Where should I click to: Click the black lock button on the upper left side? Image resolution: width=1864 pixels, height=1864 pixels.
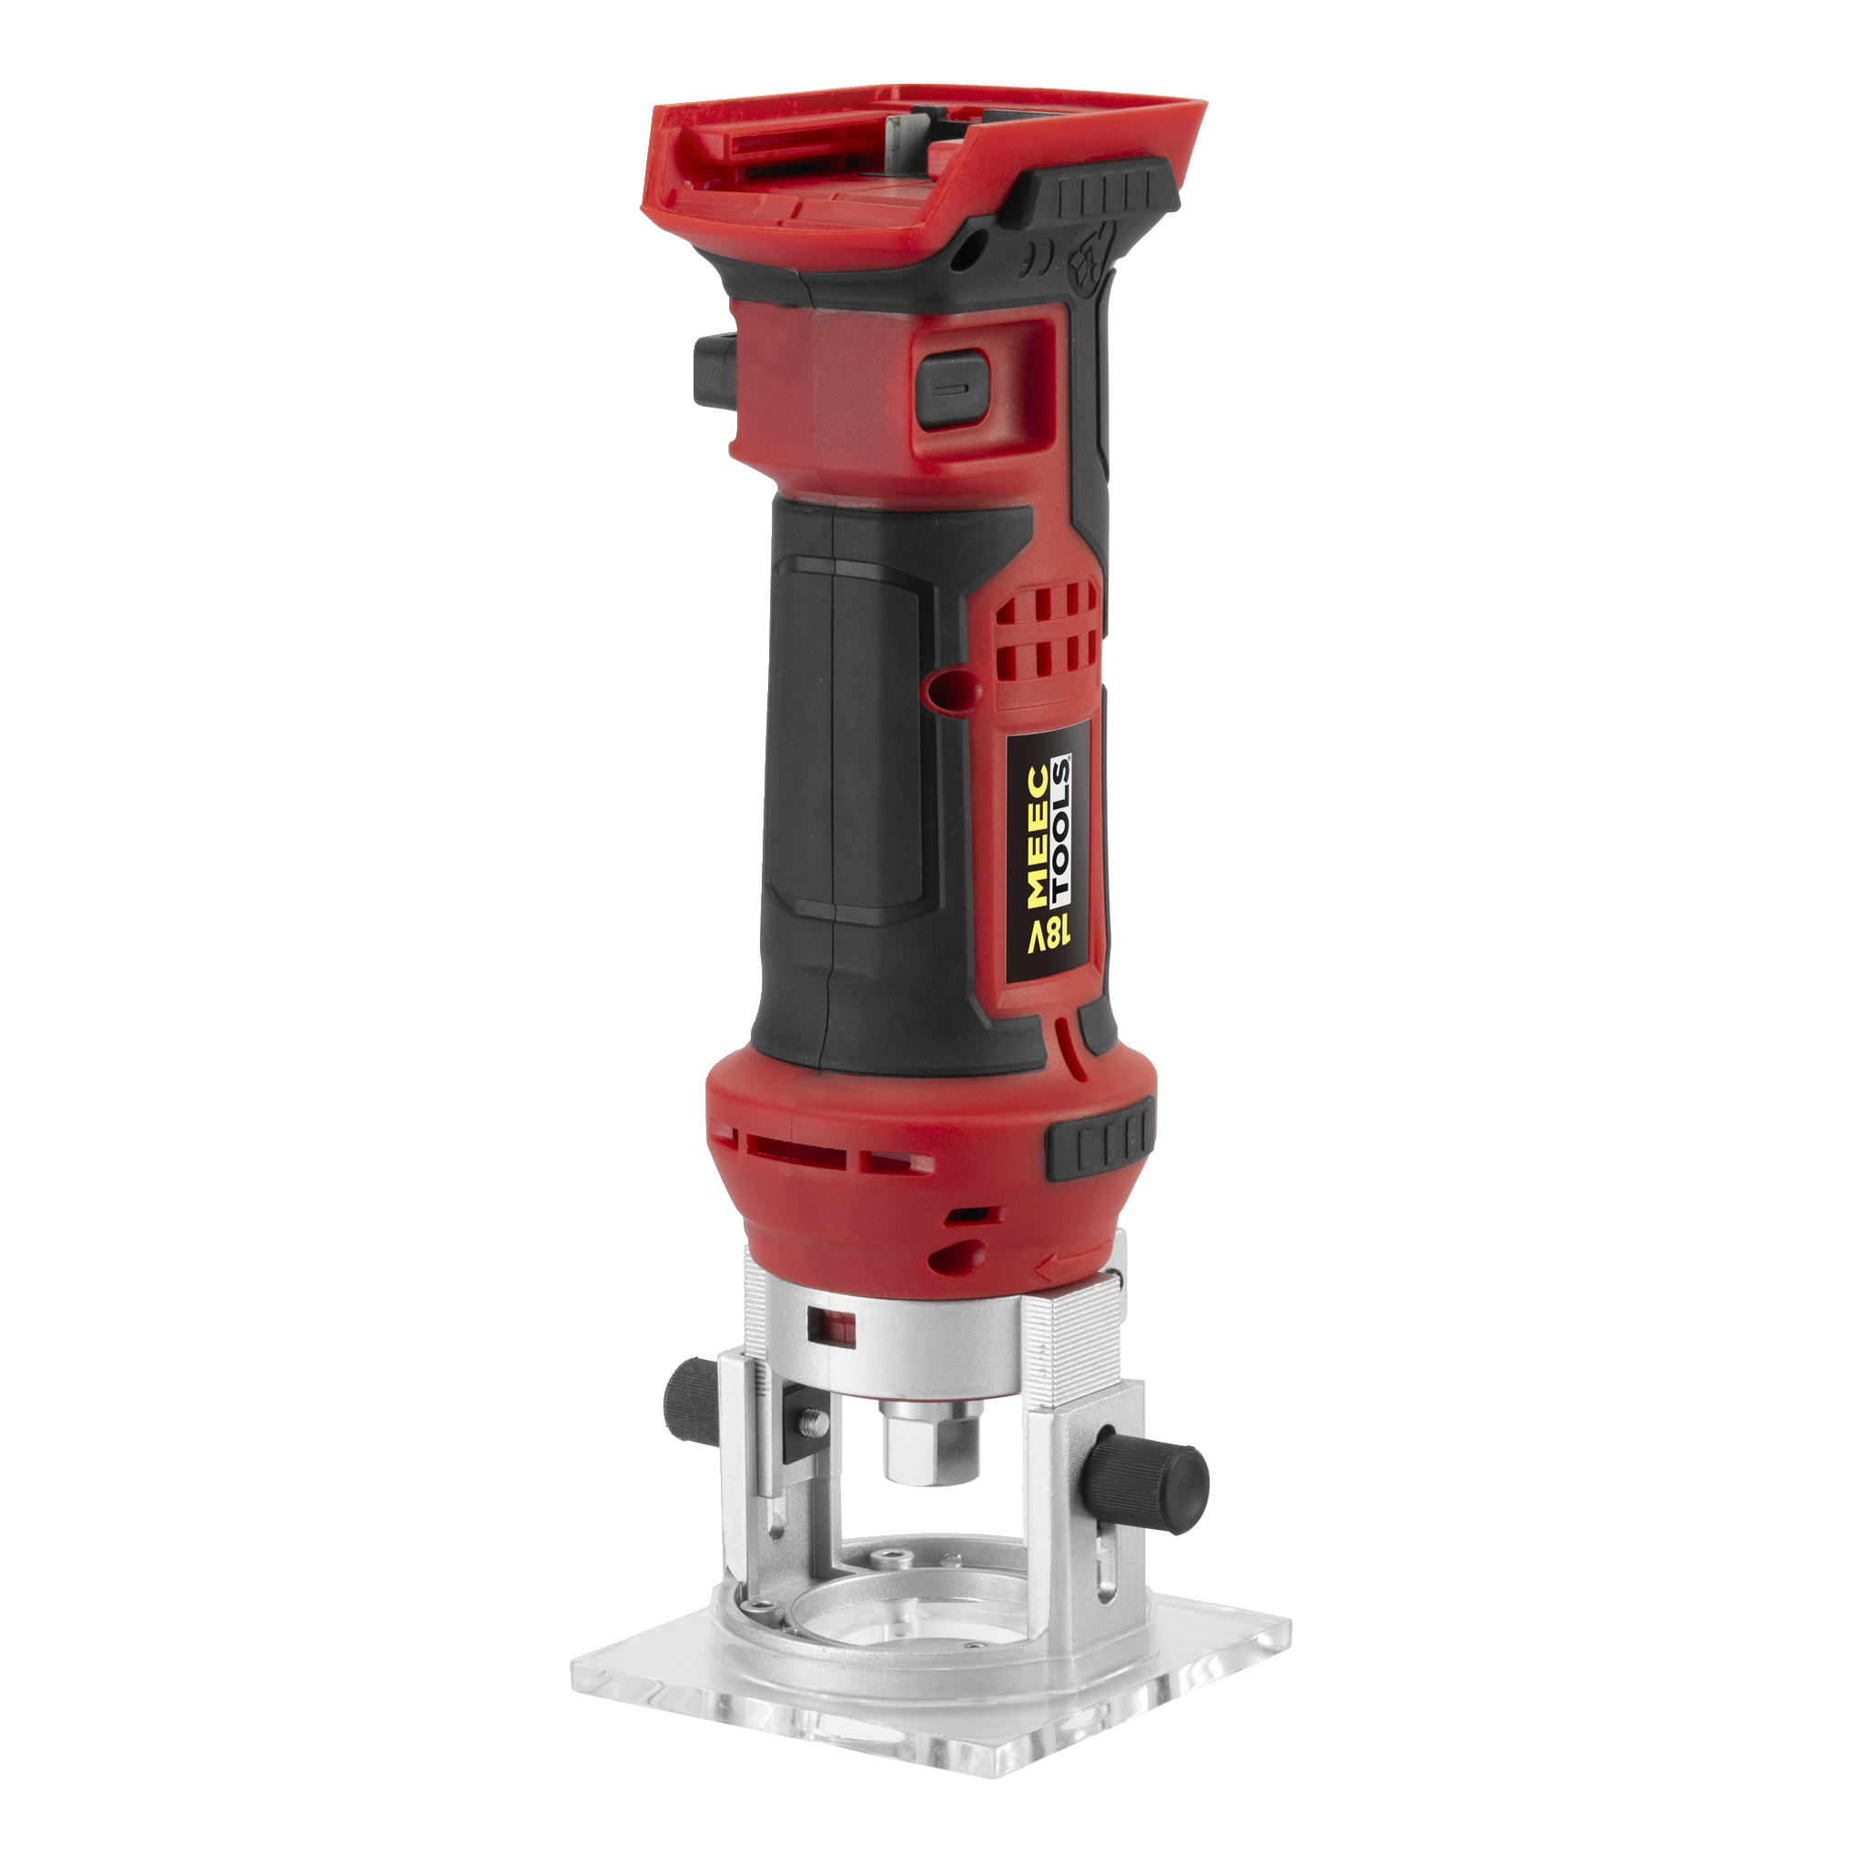(712, 370)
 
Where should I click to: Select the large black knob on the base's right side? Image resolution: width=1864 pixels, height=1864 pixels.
(1151, 1492)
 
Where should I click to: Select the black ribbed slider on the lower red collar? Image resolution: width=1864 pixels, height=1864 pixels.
(1099, 1143)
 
